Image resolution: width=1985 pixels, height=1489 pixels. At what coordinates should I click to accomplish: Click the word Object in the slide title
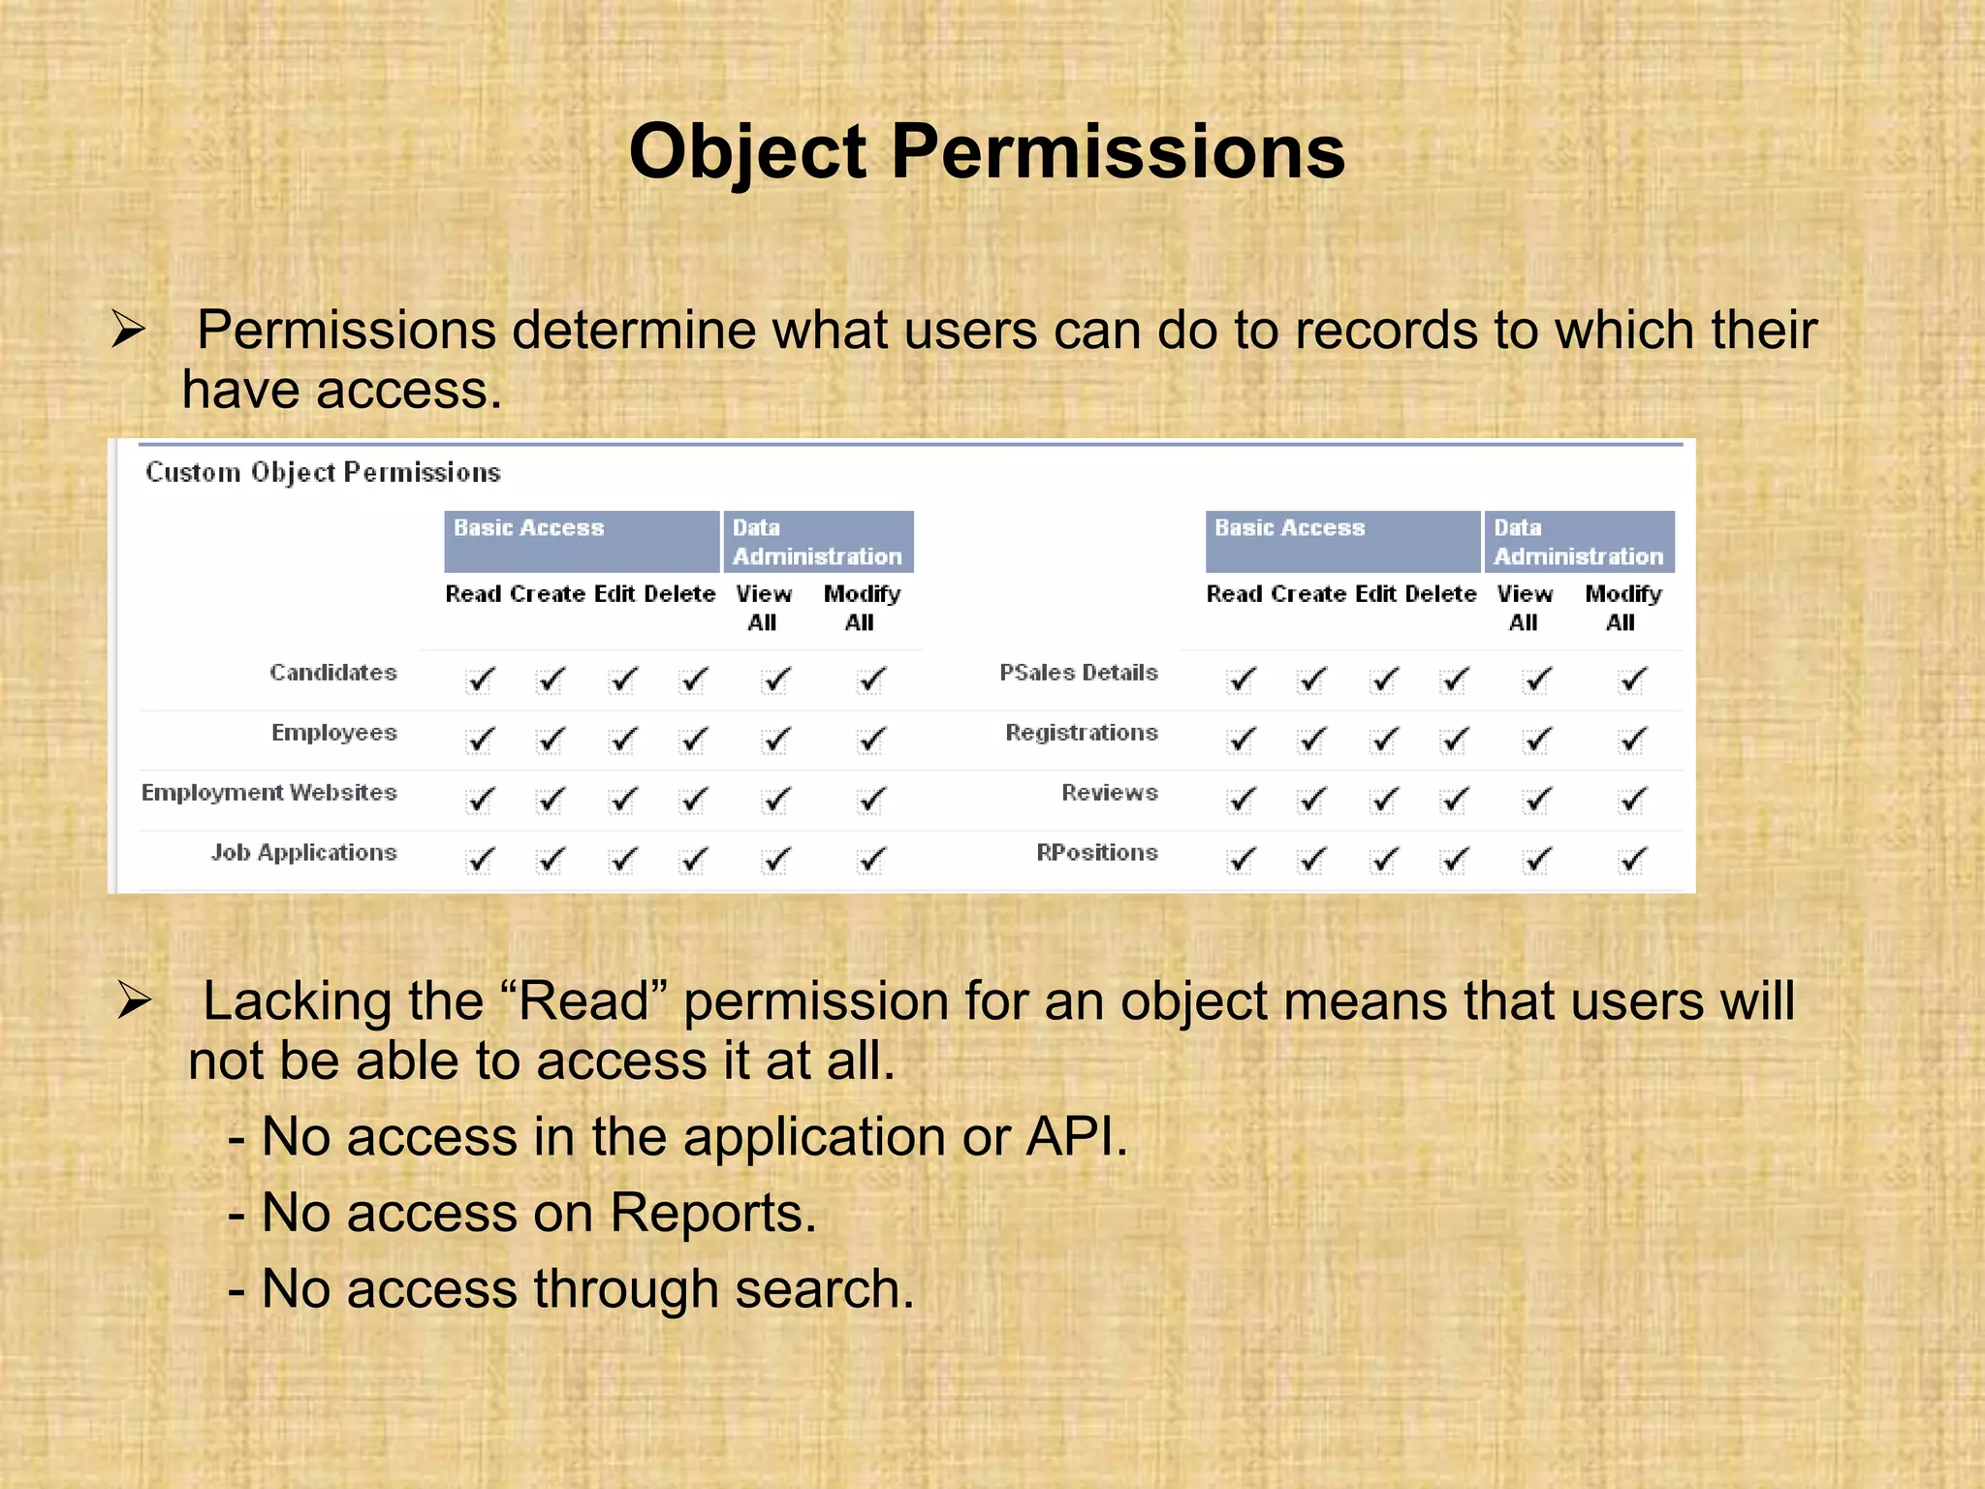[x=747, y=153]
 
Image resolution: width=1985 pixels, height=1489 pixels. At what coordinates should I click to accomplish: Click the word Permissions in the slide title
[x=1118, y=153]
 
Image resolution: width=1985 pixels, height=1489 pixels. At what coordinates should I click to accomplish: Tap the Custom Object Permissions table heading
[x=323, y=472]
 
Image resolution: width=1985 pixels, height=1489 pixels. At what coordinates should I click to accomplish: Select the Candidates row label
[x=332, y=672]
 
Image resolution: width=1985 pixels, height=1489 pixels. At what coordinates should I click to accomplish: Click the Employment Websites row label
[x=268, y=792]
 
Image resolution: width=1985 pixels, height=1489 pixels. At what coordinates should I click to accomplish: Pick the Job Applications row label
[x=303, y=852]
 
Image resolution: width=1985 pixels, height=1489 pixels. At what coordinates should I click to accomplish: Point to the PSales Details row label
[x=1078, y=672]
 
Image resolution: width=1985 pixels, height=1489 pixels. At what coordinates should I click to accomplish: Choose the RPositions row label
[x=1096, y=852]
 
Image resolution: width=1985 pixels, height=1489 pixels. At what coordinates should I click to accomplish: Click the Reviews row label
[x=1109, y=792]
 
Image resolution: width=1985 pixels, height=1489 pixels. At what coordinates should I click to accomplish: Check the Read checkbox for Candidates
[x=479, y=681]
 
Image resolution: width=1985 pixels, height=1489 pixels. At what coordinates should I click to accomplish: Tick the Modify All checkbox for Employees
[x=870, y=741]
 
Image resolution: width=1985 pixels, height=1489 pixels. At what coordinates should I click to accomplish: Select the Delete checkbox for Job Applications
[x=692, y=861]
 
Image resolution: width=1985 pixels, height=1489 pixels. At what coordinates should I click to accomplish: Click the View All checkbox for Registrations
[x=1535, y=741]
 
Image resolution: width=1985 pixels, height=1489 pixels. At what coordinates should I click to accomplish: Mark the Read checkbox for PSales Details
[x=1240, y=681]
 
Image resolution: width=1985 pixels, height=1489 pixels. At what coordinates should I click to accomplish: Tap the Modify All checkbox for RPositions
[x=1631, y=861]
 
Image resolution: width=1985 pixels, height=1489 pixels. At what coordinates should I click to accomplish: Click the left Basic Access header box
[x=581, y=541]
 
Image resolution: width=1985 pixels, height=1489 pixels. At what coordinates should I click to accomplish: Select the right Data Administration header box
[x=1579, y=541]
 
